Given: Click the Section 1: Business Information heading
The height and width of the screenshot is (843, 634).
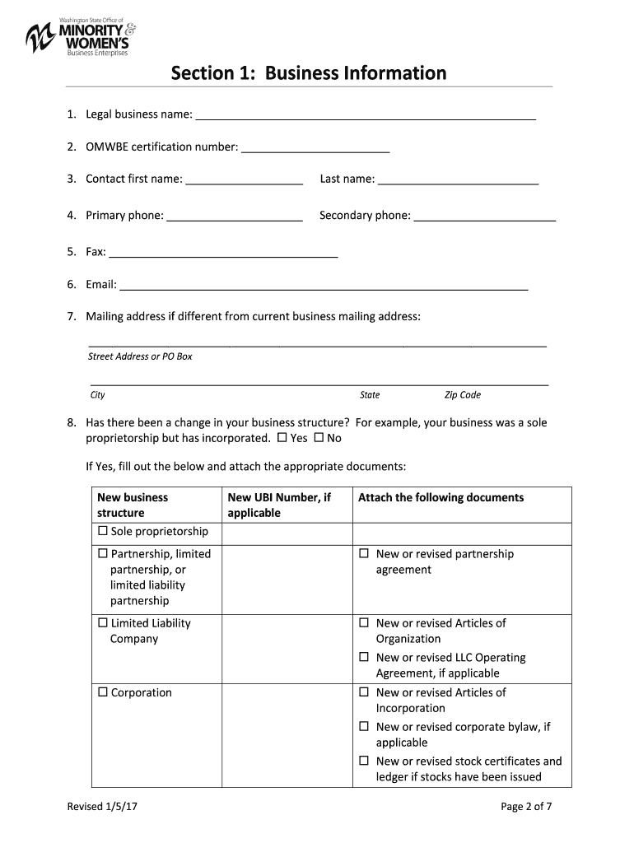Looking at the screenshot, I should tap(309, 73).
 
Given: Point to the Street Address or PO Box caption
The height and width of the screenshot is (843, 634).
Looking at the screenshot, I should tap(140, 356).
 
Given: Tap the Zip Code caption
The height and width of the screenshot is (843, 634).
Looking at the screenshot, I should tap(462, 395).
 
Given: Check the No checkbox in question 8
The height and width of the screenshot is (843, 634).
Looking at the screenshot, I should tap(319, 438).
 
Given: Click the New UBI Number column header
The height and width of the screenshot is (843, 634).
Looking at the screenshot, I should tap(279, 505).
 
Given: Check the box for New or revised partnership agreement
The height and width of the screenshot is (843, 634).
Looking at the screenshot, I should tap(364, 554).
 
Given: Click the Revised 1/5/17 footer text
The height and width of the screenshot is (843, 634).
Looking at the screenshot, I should tap(102, 807).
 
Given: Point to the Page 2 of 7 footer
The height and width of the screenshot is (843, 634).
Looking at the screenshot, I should tap(525, 807).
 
